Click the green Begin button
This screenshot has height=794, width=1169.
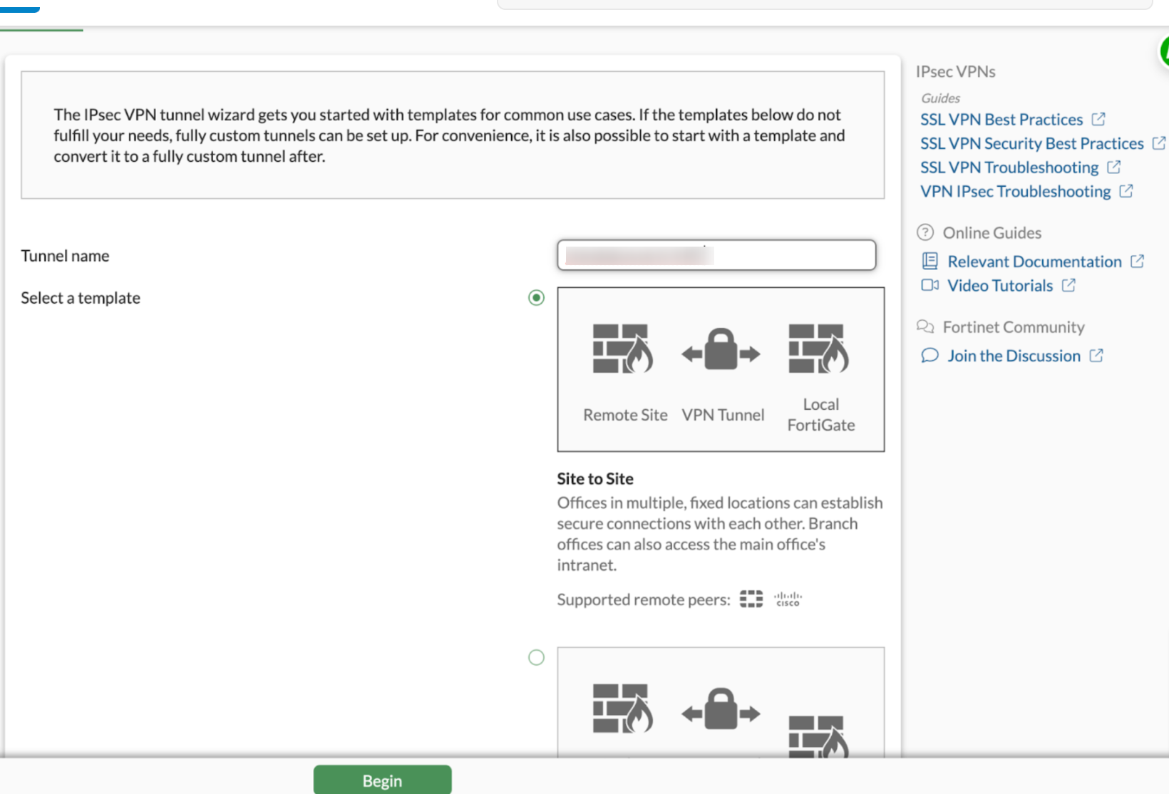pyautogui.click(x=382, y=780)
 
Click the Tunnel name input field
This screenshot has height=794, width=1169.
pyautogui.click(x=716, y=255)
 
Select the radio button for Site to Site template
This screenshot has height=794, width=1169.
pyautogui.click(x=536, y=298)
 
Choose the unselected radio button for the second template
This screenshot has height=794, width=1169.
pyautogui.click(x=536, y=657)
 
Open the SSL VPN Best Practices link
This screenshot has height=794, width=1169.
pyautogui.click(x=1001, y=120)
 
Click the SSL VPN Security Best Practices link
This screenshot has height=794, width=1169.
pyautogui.click(x=1031, y=144)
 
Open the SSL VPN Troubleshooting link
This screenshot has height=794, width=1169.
pyautogui.click(x=1009, y=167)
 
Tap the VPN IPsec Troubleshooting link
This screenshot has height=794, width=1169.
pyautogui.click(x=1015, y=192)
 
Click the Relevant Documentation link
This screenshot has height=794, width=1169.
pyautogui.click(x=1034, y=262)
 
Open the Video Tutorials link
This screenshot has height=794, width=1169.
pyautogui.click(x=999, y=286)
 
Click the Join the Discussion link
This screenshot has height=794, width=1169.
pyautogui.click(x=1014, y=356)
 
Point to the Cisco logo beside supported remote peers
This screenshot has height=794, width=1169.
pyautogui.click(x=788, y=599)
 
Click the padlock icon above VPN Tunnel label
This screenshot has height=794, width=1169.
pyautogui.click(x=721, y=350)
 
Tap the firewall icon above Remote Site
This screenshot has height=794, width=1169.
pyautogui.click(x=622, y=349)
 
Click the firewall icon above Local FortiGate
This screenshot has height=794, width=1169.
pyautogui.click(x=818, y=349)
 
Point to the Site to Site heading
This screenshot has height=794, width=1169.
pyautogui.click(x=595, y=479)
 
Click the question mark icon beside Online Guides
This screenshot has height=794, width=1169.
pyautogui.click(x=925, y=232)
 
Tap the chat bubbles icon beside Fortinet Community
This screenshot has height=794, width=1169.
pyautogui.click(x=925, y=326)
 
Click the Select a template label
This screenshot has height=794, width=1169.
pyautogui.click(x=81, y=298)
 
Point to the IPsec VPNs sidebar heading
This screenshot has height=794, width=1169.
pyautogui.click(x=955, y=72)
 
